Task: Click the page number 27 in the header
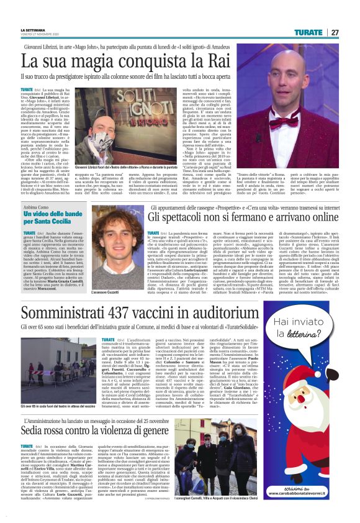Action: pyautogui.click(x=335, y=32)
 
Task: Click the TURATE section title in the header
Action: pyautogui.click(x=308, y=32)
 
